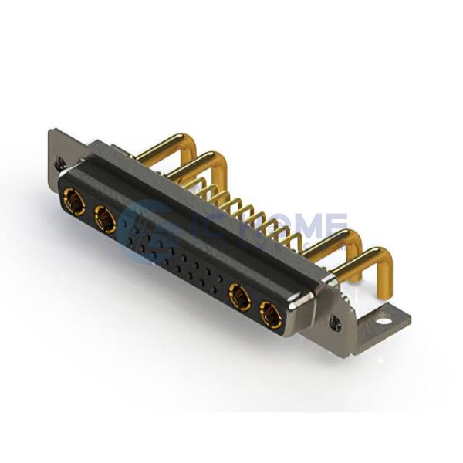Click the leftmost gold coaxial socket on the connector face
click(75, 203)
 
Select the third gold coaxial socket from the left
click(240, 296)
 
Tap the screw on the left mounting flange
click(59, 163)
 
